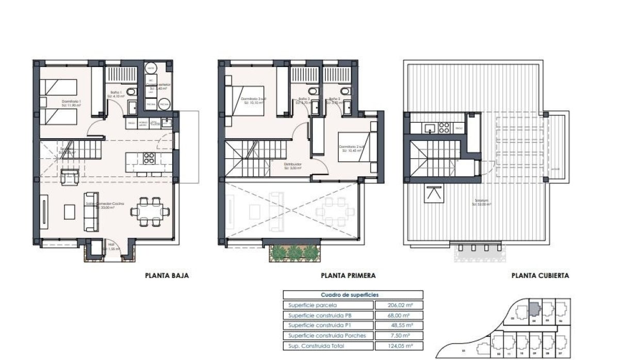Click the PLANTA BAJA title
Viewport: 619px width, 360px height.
pos(167,276)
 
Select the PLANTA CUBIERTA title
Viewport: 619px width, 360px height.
pos(540,276)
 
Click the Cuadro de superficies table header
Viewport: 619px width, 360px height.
pos(353,295)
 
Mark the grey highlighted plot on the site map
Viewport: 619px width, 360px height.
pos(534,309)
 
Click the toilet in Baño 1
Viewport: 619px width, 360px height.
pos(131,93)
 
